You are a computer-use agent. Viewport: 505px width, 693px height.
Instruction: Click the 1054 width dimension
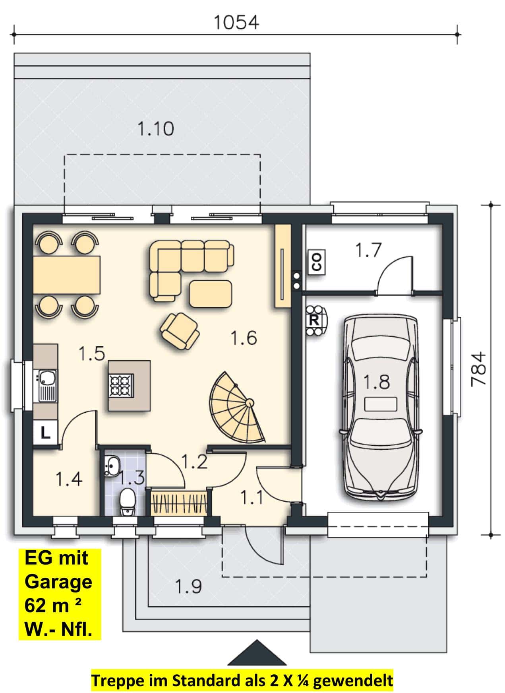point(236,23)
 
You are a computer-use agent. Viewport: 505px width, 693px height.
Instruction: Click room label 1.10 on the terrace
point(155,129)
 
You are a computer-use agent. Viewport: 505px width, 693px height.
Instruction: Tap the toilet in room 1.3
point(128,503)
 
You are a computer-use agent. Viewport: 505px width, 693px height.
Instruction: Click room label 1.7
point(368,250)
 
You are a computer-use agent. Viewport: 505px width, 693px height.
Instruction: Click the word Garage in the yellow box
point(58,582)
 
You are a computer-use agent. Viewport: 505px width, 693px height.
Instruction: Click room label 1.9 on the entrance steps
point(188,586)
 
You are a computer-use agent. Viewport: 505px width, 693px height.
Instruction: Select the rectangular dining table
point(67,275)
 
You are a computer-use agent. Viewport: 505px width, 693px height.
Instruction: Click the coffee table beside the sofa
point(211,294)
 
